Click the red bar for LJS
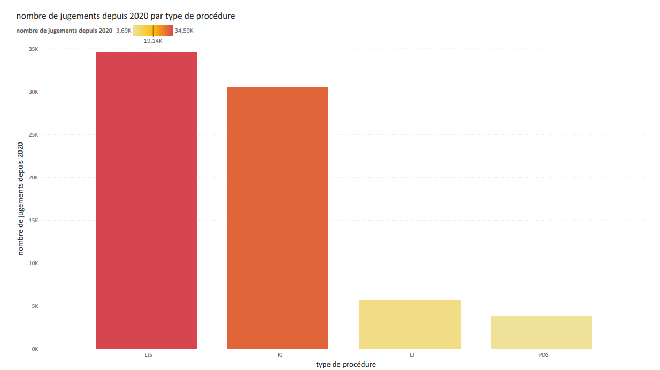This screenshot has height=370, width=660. tap(146, 200)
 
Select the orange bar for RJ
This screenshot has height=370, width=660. tap(278, 218)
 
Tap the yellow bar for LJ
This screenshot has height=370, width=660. tap(410, 324)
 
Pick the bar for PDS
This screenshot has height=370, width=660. tap(541, 333)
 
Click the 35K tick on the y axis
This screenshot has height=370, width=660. tap(33, 49)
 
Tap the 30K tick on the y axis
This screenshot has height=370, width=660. tap(33, 92)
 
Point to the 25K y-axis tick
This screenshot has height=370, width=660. tap(33, 135)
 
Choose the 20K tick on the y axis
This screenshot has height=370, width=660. tap(33, 178)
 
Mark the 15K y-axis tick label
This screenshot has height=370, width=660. tap(33, 221)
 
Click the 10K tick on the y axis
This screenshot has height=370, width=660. tap(33, 263)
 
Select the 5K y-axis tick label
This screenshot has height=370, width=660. tap(34, 306)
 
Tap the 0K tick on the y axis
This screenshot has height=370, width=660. tap(34, 349)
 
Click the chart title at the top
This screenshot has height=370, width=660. tap(126, 16)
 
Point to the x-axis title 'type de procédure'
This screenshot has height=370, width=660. tap(346, 365)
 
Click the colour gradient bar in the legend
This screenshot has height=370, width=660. tap(153, 31)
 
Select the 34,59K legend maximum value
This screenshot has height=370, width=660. tap(184, 31)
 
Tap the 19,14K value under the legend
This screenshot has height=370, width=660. tap(153, 41)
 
